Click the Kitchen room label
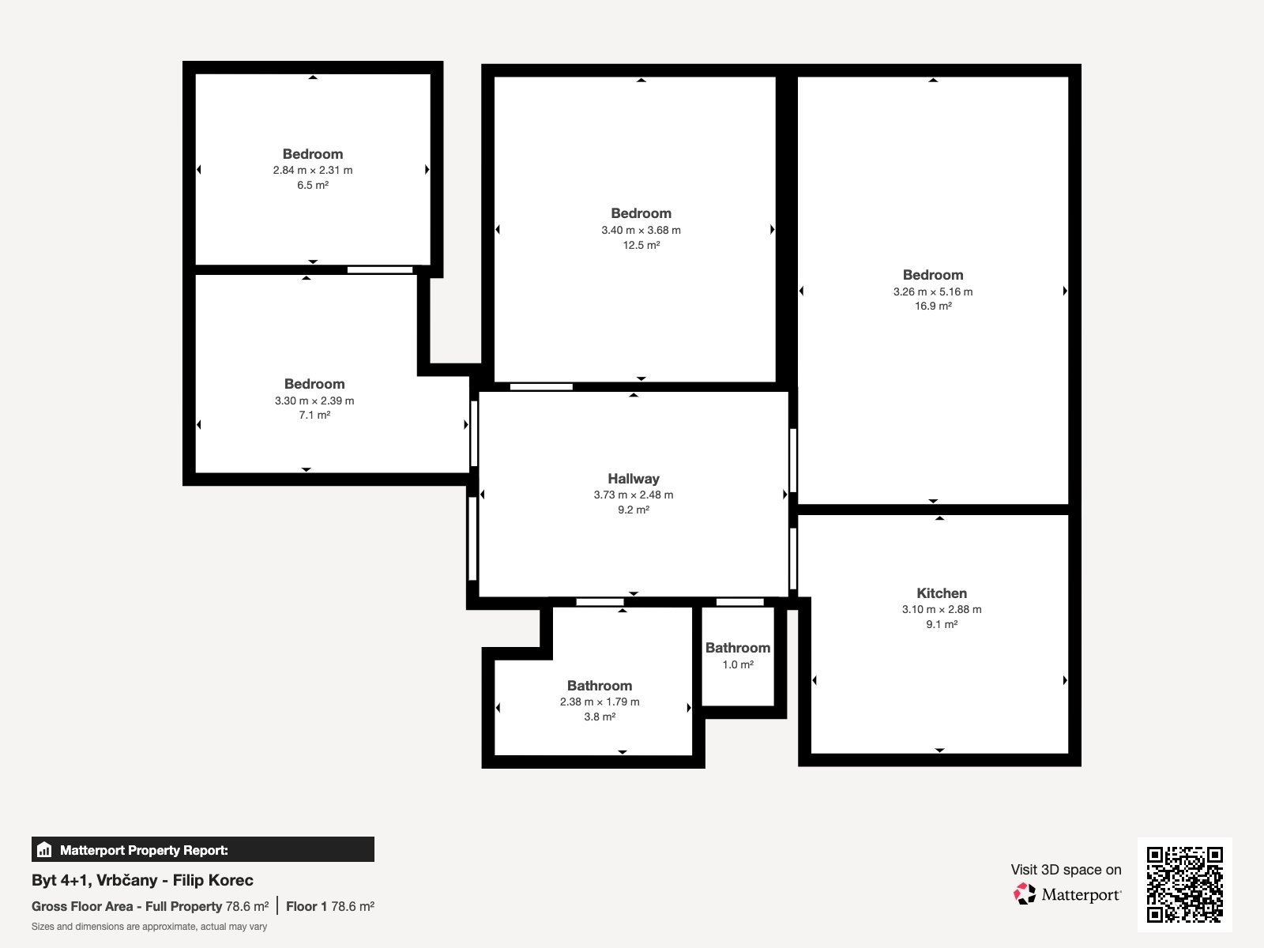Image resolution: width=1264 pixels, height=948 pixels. point(942,592)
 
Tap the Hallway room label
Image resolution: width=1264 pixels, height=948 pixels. point(634,478)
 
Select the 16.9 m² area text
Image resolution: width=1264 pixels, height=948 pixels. point(933,307)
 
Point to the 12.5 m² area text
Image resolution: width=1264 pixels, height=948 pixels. point(641,245)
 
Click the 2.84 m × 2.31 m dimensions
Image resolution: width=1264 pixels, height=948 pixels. point(313,170)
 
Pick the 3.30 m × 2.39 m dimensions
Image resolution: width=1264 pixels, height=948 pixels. point(314,401)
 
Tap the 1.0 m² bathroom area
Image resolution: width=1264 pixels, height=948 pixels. point(738,664)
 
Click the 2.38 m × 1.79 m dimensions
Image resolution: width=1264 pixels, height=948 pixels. point(600,702)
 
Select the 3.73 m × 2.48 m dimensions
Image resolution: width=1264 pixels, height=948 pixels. point(634,495)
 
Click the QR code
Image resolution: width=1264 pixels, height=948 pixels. point(1184,885)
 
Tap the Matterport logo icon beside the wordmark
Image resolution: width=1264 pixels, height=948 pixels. point(1025,894)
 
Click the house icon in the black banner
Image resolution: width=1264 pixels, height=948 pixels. point(43,849)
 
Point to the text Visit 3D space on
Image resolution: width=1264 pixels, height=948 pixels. point(1066,870)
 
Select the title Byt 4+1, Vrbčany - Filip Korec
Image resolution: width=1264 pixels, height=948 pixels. point(142,880)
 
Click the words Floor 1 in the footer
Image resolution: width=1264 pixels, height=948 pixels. point(307,907)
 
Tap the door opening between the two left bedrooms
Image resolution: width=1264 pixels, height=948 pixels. point(380,270)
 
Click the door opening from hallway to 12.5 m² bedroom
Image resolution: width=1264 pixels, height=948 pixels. point(541,387)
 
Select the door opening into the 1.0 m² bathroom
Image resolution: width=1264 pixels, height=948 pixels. point(740,602)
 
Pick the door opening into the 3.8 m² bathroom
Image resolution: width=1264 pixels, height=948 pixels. point(600,602)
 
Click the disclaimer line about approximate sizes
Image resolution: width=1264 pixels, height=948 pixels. point(149,927)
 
